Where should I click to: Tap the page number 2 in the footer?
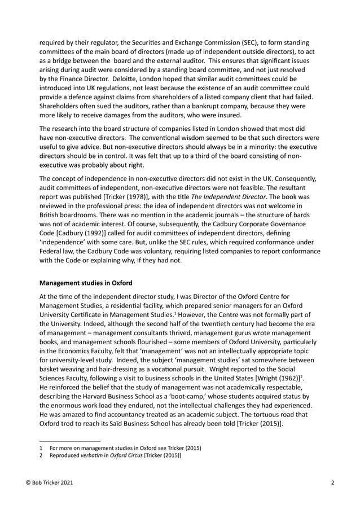coord(333,483)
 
